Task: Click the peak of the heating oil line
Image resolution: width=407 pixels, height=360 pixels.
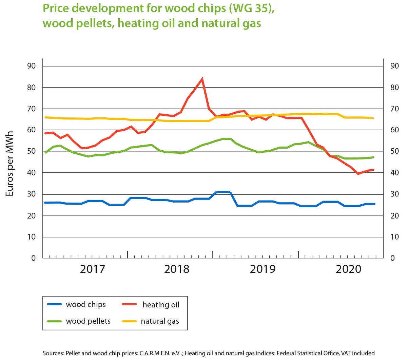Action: (202, 79)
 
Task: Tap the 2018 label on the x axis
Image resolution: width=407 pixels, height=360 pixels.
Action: (177, 269)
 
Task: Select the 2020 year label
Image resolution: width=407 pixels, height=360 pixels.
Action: (349, 269)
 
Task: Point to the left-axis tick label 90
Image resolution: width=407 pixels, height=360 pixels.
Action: (31, 66)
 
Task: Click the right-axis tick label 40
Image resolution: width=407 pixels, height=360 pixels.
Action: (394, 173)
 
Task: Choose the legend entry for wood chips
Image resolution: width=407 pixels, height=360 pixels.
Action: (85, 304)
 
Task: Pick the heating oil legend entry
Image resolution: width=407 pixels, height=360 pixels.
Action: (160, 305)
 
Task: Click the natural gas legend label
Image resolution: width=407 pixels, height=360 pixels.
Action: (160, 321)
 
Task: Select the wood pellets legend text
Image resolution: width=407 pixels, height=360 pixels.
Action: (88, 321)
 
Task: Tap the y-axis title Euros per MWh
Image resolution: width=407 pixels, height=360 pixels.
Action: (9, 164)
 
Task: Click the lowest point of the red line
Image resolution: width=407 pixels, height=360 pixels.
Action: (358, 174)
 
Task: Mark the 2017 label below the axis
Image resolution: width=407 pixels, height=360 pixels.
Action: (92, 269)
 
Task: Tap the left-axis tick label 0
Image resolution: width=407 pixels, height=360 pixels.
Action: (33, 258)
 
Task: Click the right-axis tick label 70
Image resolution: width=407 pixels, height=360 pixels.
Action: (394, 109)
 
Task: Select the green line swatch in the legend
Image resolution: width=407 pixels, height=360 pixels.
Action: (54, 321)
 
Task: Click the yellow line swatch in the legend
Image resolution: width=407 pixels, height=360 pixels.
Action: (129, 321)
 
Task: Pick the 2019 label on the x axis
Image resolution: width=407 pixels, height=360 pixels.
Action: (263, 269)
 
